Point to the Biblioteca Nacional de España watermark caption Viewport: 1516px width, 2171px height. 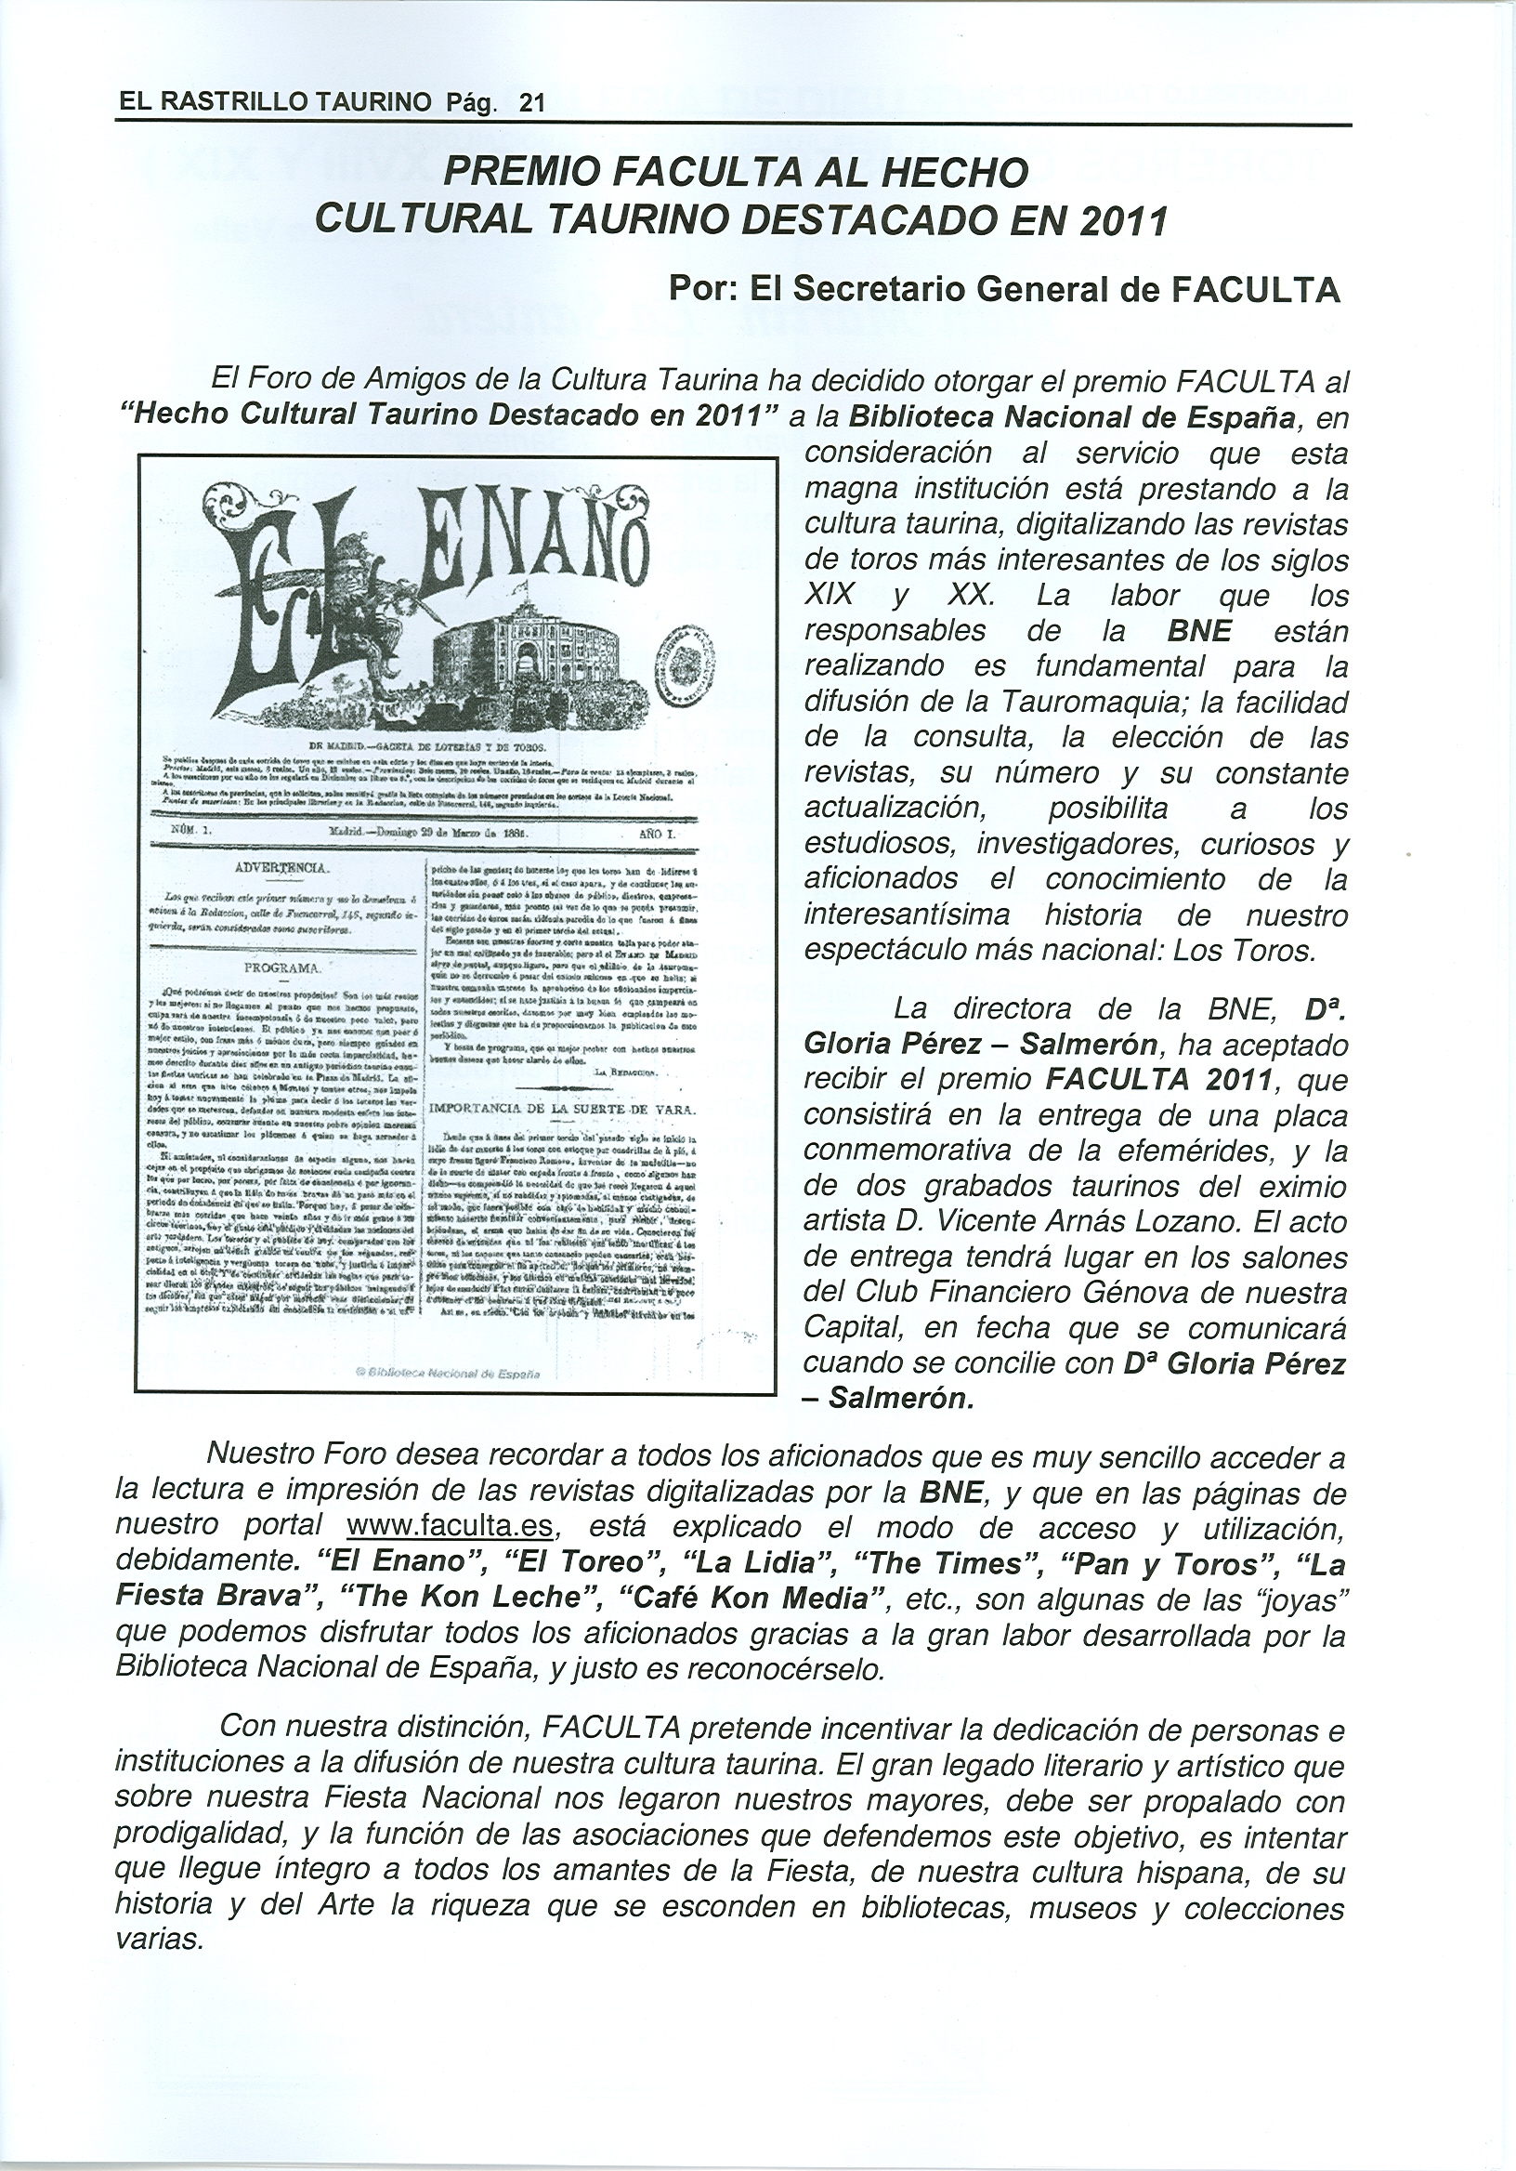coord(455,1372)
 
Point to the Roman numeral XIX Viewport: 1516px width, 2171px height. coord(828,596)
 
